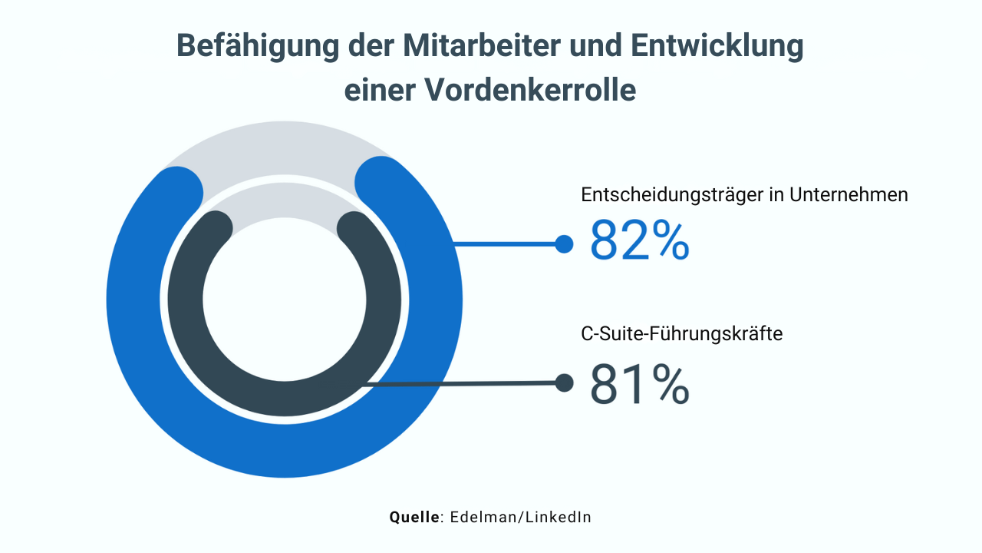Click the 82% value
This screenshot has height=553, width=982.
point(639,240)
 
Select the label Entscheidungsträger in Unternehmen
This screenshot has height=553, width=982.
point(744,195)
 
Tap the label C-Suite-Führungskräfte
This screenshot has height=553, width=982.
point(682,334)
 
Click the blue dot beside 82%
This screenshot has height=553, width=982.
point(564,244)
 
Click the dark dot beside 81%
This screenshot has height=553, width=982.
point(564,382)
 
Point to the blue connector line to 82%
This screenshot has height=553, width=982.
point(506,244)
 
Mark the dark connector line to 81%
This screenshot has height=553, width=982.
point(460,383)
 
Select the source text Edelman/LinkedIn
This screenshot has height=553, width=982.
point(520,517)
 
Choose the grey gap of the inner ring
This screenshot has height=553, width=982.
point(284,202)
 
